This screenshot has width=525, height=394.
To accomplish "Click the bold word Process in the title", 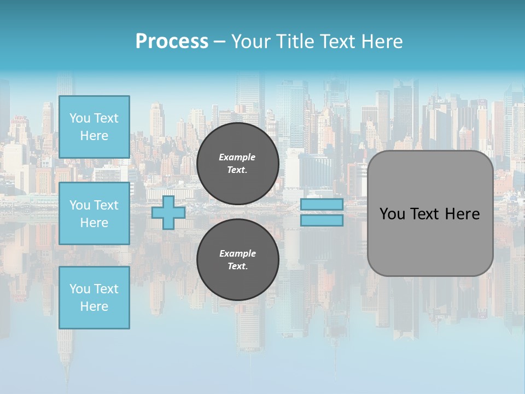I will (x=172, y=42).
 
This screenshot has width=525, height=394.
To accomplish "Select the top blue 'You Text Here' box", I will (x=94, y=127).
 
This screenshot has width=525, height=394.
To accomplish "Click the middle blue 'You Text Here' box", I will (x=94, y=213).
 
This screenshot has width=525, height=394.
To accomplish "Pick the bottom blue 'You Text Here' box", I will (x=94, y=298).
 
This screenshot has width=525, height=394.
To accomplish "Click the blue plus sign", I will (x=168, y=212).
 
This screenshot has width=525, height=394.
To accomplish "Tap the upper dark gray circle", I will (x=238, y=164).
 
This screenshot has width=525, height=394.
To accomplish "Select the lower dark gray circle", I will (x=238, y=260).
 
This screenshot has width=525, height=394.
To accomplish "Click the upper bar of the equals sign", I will (x=322, y=205).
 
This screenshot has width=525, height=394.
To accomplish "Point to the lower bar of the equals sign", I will (x=322, y=221).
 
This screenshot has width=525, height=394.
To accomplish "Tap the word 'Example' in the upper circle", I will (x=237, y=157).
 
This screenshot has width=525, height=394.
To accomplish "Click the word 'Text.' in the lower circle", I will (x=237, y=266).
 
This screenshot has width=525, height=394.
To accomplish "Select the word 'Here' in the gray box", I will (x=463, y=214).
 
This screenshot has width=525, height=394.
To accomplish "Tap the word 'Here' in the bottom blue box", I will (x=94, y=306).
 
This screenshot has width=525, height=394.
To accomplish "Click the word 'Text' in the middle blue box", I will (x=106, y=205).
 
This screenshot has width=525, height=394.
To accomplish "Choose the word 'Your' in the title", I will (x=250, y=42).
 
